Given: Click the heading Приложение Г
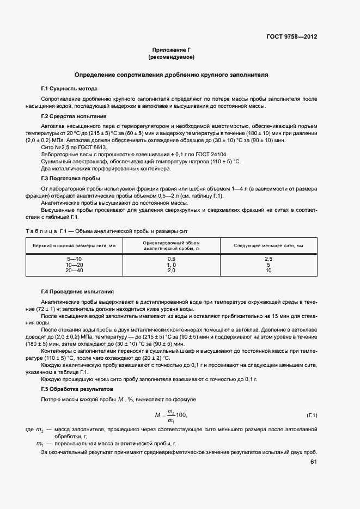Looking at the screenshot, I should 171,50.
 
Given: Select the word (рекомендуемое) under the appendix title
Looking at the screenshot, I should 171,57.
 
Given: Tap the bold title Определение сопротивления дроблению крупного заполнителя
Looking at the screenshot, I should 171,75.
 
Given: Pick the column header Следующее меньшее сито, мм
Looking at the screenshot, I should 268,246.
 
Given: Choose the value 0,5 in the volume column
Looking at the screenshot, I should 171,259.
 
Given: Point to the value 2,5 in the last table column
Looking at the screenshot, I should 268,259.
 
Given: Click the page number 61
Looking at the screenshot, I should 314,463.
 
